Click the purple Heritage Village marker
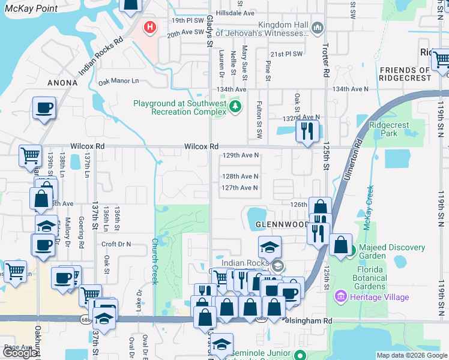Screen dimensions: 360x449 (342, 296)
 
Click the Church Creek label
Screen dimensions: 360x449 (154, 261)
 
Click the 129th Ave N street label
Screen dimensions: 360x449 (240, 155)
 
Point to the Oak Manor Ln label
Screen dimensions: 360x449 (118, 81)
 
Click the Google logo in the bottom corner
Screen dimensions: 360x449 (20, 353)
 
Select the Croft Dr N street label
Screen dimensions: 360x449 (116, 244)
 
